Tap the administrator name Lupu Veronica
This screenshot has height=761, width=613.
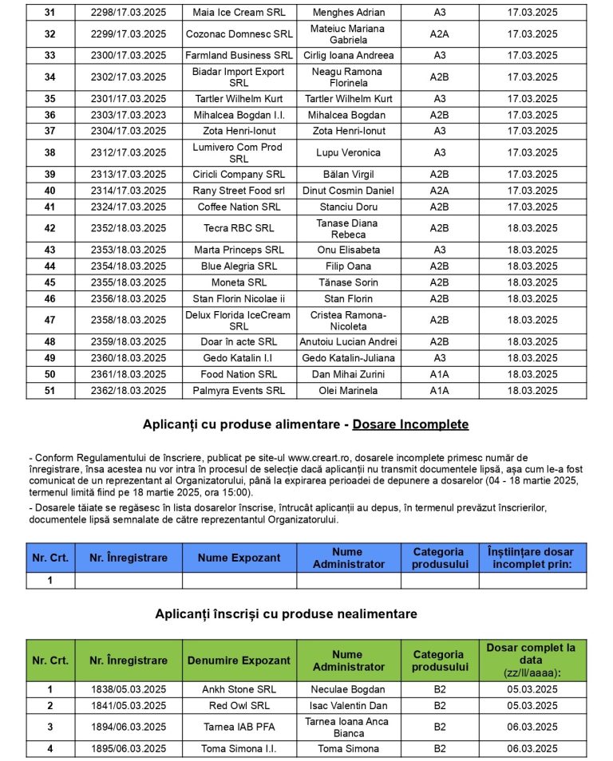click(x=349, y=152)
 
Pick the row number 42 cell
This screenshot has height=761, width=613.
click(x=50, y=228)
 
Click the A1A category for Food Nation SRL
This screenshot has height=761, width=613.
click(x=439, y=374)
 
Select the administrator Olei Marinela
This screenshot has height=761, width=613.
click(x=349, y=391)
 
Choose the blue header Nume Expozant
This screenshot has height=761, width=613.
click(x=239, y=558)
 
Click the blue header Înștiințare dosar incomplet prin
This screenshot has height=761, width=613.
click(x=532, y=558)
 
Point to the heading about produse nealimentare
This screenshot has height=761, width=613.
click(x=286, y=613)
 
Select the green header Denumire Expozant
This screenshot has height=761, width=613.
click(x=239, y=660)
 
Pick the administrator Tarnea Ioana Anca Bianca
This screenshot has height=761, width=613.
click(x=349, y=727)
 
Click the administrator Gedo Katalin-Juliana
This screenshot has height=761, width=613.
click(x=349, y=357)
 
